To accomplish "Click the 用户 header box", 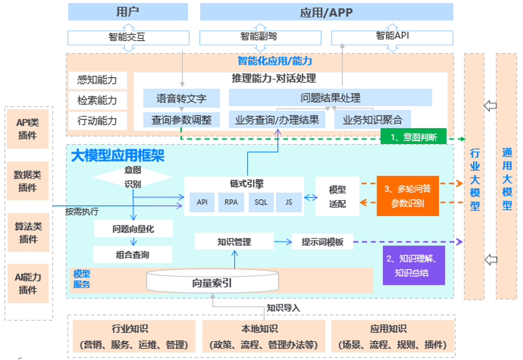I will pos(128,12).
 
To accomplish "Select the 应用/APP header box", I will pos(327,12).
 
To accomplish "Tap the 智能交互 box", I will pos(128,37).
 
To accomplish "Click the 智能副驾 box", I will pos(259,37).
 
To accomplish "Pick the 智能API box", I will pos(392,37).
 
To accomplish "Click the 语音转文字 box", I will pos(181,99).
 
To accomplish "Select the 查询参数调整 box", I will pos(181,119).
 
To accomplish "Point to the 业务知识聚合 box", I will pos(372,119).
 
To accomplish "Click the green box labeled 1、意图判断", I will pos(413,136).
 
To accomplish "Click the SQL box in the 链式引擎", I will pos(261,202).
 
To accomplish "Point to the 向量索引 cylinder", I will pos(212,282).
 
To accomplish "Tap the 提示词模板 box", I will pos(322,242).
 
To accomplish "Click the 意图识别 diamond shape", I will pos(133,177).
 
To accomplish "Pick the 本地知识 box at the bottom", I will pos(263,336).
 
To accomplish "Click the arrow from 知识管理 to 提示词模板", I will pos(282,242).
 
